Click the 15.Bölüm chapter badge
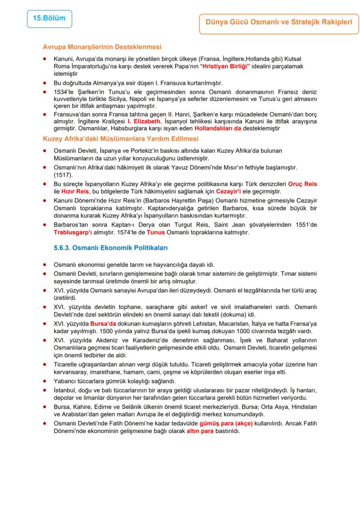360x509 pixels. pos(49,19)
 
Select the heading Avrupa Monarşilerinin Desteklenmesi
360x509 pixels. pos(102,47)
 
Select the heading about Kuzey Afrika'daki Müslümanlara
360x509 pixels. pos(121,139)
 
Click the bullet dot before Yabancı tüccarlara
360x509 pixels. pos(45,381)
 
